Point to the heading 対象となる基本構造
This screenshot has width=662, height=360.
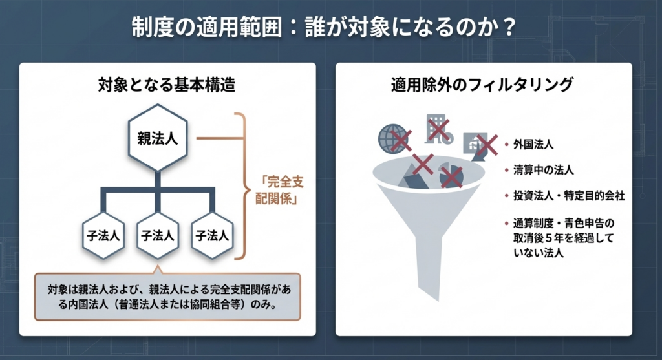click(167, 84)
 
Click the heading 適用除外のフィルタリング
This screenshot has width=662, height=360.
click(482, 84)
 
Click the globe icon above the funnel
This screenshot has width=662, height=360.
click(392, 138)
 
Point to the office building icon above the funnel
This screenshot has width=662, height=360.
click(436, 128)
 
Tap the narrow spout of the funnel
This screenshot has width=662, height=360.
click(428, 259)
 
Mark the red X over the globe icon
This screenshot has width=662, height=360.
click(401, 139)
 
